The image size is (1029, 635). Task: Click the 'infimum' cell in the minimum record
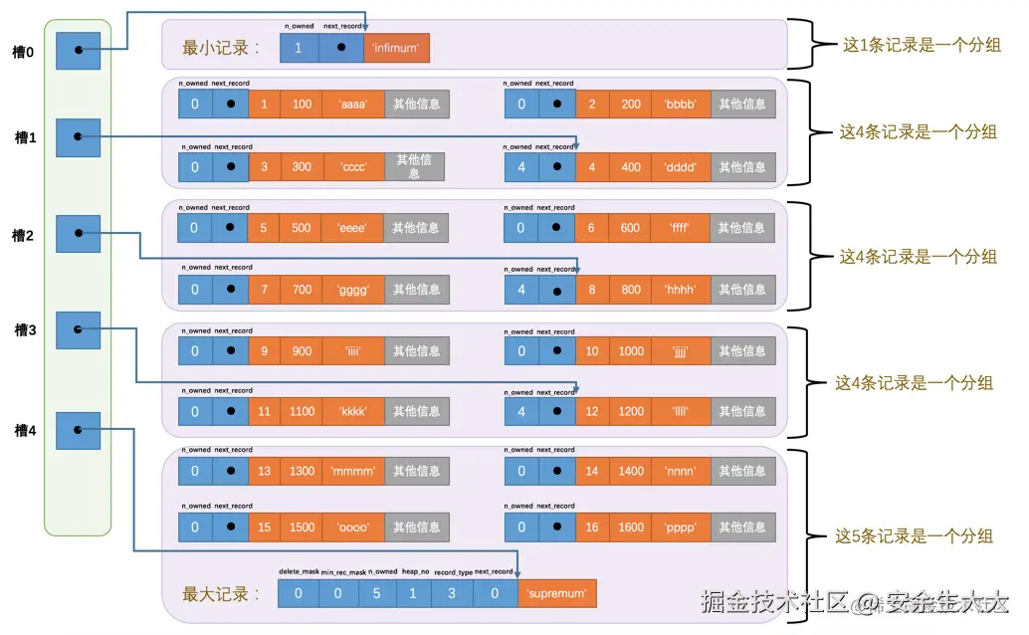(396, 47)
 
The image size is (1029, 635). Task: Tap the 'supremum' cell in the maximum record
(556, 594)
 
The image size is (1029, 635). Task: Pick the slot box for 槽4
(79, 430)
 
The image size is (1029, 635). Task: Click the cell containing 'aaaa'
(353, 104)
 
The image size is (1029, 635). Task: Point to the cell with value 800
(631, 290)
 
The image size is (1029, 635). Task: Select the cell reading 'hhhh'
(682, 290)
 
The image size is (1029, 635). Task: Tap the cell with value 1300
(302, 471)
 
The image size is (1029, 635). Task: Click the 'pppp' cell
(682, 528)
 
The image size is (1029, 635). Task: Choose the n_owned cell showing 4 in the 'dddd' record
(521, 166)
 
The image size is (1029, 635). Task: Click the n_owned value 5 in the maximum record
(376, 594)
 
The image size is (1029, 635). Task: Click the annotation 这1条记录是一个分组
(922, 45)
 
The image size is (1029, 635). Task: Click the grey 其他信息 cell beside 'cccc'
(414, 166)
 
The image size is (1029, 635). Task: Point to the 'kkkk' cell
(353, 411)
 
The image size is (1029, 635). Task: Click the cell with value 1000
(631, 350)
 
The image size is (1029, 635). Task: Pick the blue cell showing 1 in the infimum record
(299, 47)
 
